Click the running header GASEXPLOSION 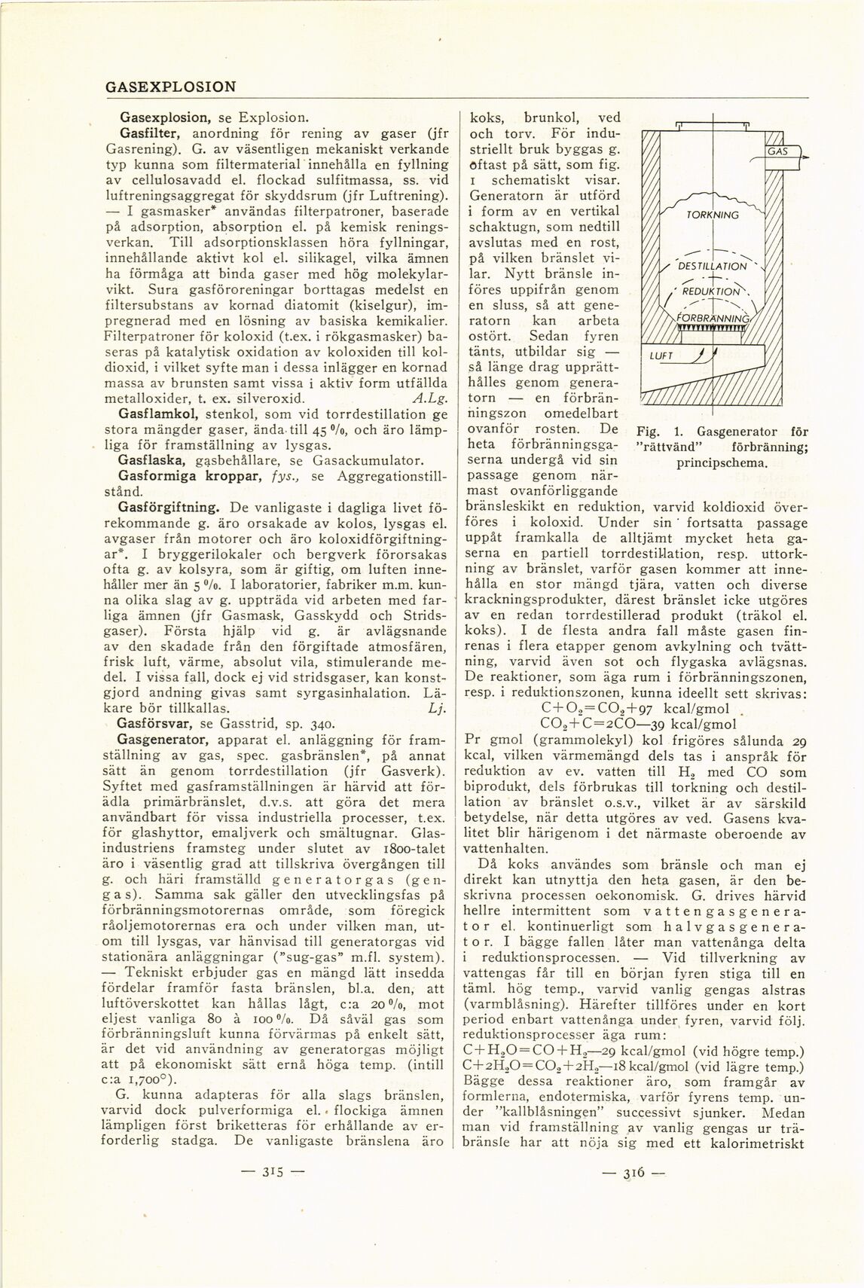pos(170,87)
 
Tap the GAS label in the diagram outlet pos(777,151)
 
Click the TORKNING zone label pos(712,215)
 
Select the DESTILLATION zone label pos(712,266)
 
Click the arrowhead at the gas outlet pos(805,158)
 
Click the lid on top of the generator pos(713,125)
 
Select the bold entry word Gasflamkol pos(158,414)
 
